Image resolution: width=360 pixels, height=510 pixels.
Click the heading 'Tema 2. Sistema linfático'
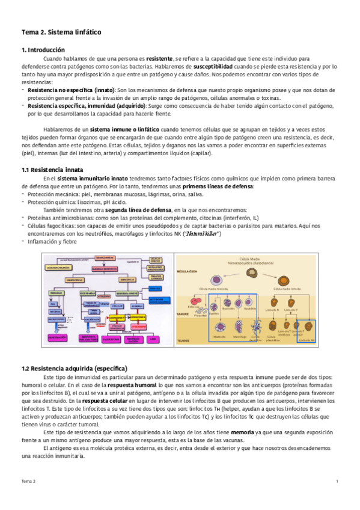[61, 31]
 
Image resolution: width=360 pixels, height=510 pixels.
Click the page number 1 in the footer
[337, 482]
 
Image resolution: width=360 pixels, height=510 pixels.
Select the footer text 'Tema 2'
[29, 482]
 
